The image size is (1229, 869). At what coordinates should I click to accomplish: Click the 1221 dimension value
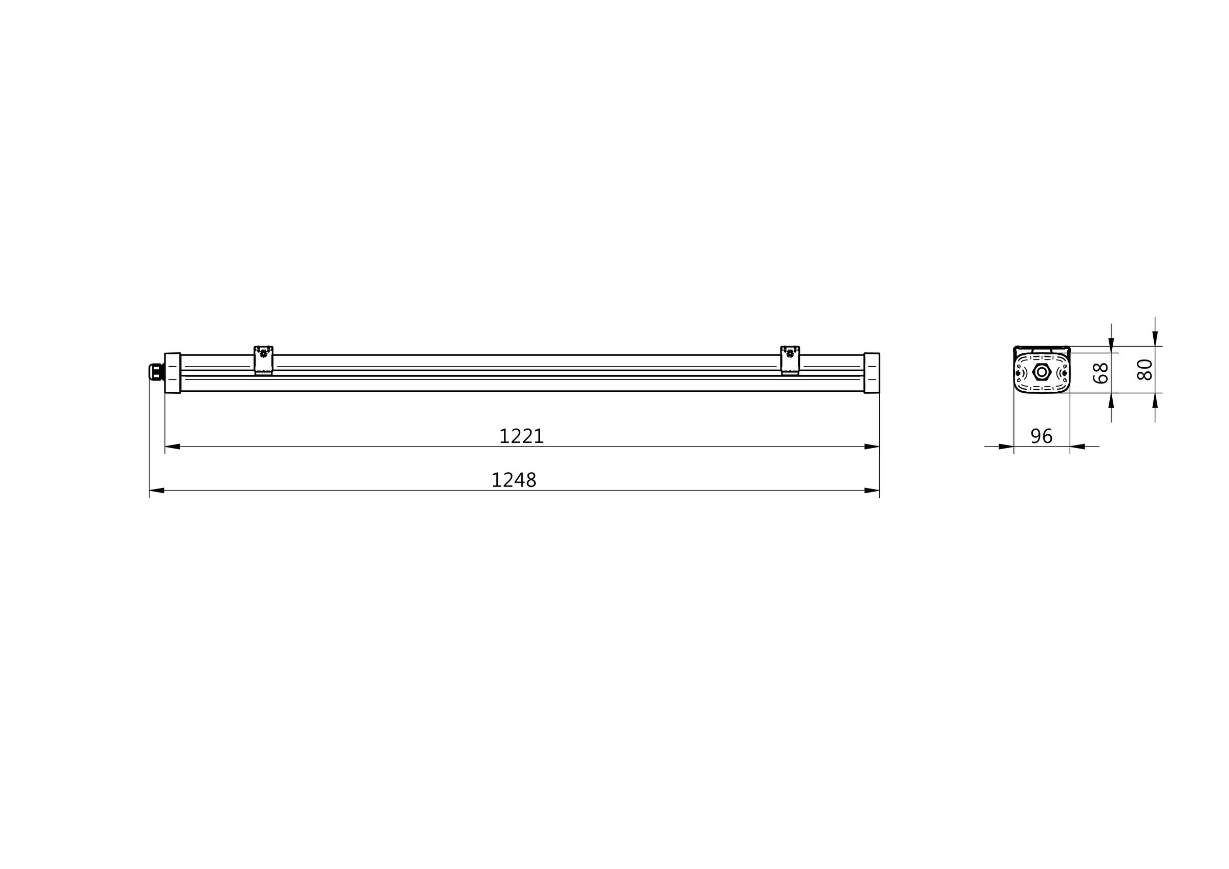pos(521,436)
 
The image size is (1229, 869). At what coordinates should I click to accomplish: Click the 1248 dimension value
pos(514,480)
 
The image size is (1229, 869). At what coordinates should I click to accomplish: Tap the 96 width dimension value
pos(1042,436)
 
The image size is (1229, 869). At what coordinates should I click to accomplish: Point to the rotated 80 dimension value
pos(1145,369)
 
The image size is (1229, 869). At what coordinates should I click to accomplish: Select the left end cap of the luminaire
pos(173,373)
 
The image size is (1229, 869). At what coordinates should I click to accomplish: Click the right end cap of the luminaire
pos(872,373)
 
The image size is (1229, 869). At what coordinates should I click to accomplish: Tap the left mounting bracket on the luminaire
pos(263,360)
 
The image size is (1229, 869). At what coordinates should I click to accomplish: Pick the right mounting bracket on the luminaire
pos(790,360)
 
